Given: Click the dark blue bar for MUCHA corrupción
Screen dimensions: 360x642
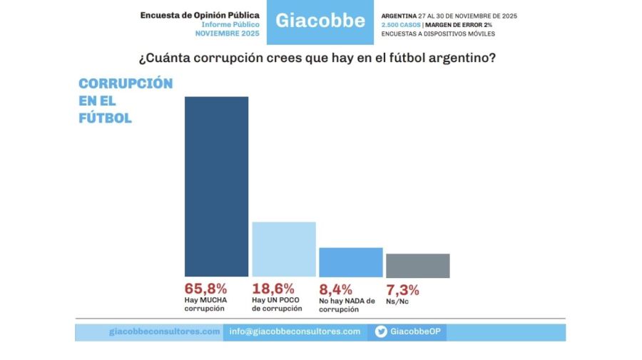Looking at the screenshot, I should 216,186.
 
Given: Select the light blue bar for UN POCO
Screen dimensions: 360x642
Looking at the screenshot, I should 284,249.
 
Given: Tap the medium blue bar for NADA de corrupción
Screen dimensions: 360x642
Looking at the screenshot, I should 350,262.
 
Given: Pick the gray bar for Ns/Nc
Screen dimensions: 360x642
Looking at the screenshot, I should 417,265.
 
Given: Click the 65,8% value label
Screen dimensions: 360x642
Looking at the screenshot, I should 205,289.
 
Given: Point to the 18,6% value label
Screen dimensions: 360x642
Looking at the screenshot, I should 273,289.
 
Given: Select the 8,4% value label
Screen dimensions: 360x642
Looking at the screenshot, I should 335,289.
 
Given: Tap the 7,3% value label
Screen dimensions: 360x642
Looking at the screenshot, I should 402,289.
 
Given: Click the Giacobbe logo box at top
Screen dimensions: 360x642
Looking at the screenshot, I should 320,20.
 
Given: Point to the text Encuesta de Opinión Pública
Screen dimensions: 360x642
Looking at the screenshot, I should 200,14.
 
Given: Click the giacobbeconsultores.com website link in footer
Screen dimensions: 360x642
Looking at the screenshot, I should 165,331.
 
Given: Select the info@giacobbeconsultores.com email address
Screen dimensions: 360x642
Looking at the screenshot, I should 295,331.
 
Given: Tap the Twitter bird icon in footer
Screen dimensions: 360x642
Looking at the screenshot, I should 381,331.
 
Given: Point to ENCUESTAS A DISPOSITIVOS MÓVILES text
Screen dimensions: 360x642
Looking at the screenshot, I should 438,34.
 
